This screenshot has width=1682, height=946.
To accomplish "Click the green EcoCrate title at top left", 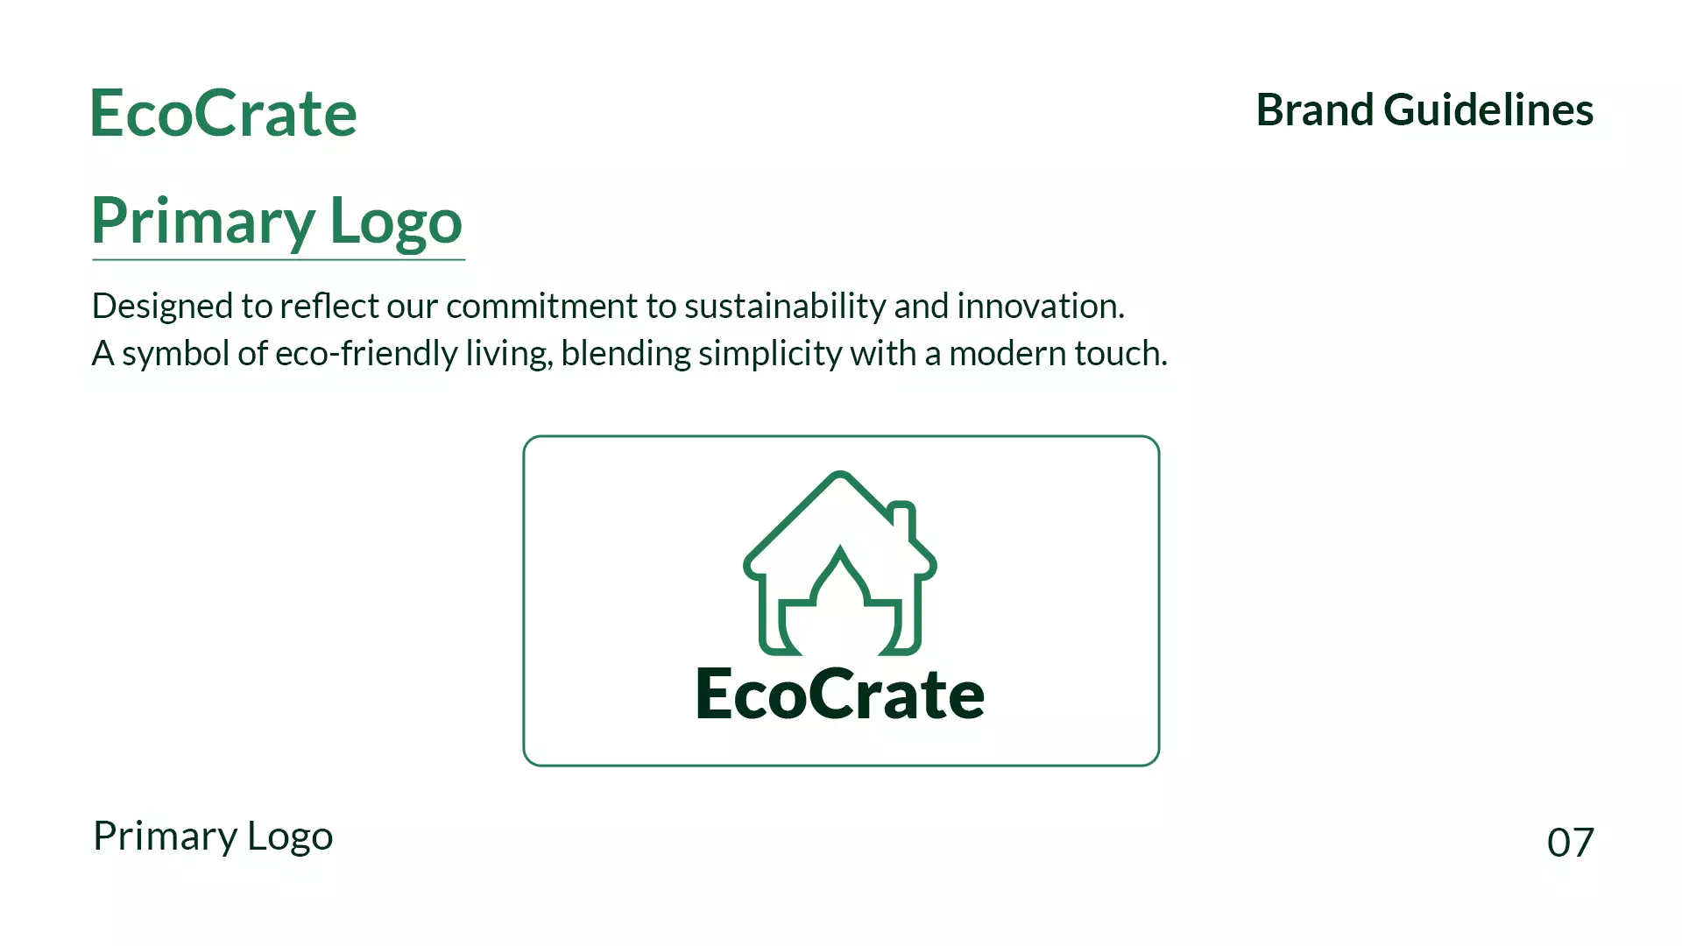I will pos(223,114).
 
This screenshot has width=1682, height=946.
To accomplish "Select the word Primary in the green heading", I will pos(202,222).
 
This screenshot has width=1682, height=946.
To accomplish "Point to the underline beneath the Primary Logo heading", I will pos(279,259).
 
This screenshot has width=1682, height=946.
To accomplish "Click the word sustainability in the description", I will pos(785,307).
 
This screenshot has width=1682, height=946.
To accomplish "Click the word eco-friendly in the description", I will pos(366,354).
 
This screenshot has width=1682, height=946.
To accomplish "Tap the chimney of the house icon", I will pos(903,519).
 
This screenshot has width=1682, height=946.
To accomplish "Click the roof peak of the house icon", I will pos(840,478).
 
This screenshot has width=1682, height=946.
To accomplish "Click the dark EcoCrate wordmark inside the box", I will pos(840,694).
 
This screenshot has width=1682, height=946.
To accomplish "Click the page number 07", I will pos(1570,843).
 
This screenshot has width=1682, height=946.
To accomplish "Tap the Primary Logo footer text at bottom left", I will pos(213,837).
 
